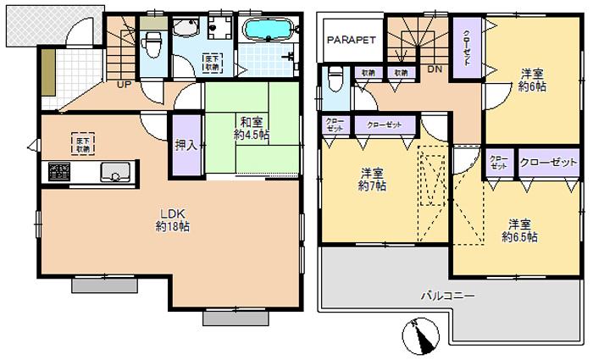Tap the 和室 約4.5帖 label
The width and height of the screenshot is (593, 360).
[252, 127]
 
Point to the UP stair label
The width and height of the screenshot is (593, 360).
[124, 85]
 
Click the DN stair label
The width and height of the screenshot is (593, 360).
[435, 69]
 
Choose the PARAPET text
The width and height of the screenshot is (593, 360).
[352, 40]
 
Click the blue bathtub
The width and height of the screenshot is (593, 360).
[267, 30]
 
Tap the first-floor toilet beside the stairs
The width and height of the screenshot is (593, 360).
[153, 42]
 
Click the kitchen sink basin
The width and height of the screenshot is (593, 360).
[113, 173]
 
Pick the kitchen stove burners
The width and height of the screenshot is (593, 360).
[59, 172]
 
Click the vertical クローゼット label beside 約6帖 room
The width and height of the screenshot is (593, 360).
[466, 48]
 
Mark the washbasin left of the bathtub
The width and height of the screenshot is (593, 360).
[184, 30]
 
